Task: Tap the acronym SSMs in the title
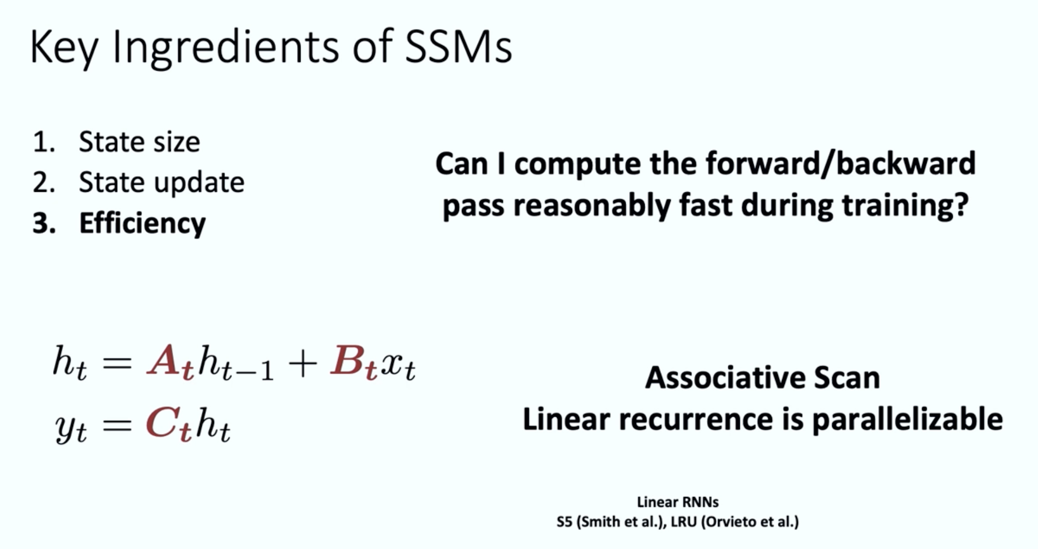point(458,47)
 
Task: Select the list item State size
point(139,142)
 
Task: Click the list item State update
point(161,182)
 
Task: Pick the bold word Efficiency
point(142,223)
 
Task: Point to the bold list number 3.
point(44,223)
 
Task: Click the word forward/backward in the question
point(841,163)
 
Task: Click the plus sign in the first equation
point(303,364)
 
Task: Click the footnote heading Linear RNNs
point(678,502)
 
